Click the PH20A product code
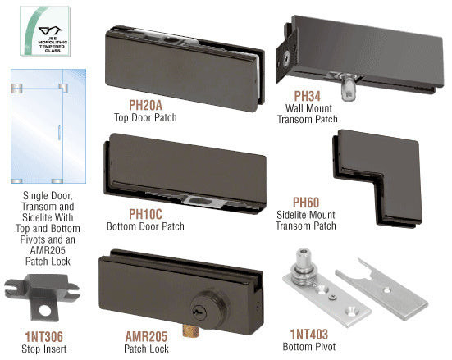145,105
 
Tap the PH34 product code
308,96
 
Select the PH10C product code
145,214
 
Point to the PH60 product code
306,203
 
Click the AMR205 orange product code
146,337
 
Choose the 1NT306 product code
43,337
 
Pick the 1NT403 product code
309,335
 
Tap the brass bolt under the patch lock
191,330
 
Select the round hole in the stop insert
45,311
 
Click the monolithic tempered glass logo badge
45,31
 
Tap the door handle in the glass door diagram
59,133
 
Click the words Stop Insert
43,349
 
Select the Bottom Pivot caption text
309,346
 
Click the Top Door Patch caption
145,117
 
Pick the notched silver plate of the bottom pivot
382,289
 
